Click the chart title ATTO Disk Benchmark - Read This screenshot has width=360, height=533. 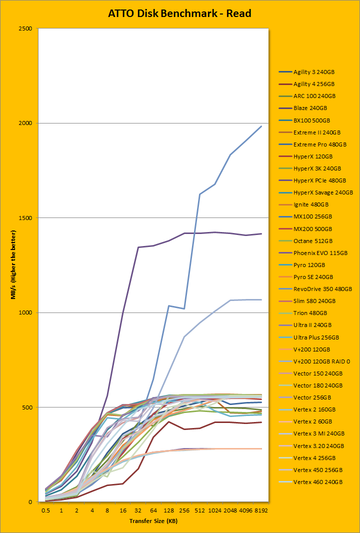179,13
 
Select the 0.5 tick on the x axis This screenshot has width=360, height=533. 45,510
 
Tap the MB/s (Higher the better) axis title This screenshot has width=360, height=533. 13,265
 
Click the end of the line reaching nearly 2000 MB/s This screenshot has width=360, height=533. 261,126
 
